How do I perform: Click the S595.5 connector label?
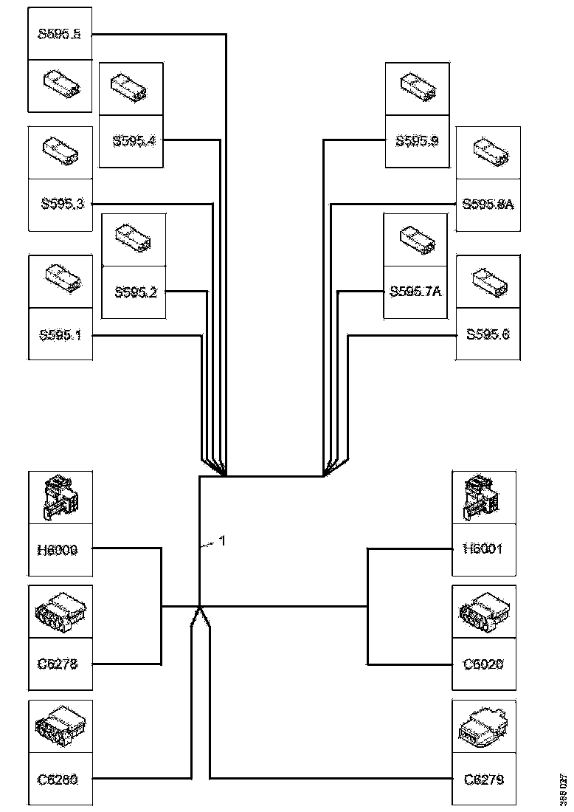tap(59, 34)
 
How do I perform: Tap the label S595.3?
tap(61, 204)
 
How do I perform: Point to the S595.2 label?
tap(135, 292)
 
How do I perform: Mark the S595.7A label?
tap(415, 292)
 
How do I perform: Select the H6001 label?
tap(484, 549)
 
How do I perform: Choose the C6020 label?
tap(484, 664)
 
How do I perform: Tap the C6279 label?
tap(484, 778)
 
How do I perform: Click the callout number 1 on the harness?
tap(222, 541)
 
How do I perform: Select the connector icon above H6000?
tap(60, 498)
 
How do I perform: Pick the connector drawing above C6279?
tap(484, 727)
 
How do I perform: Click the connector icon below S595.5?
tap(60, 85)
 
